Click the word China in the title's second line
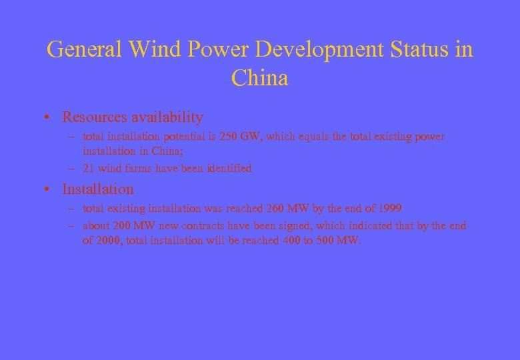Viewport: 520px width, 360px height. pos(260,79)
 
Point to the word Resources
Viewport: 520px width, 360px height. pos(94,117)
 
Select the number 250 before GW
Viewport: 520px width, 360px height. pos(229,137)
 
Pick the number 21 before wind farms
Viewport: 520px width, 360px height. pos(87,169)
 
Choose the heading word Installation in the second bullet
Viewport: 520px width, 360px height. pos(98,189)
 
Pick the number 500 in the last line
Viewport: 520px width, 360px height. pos(325,241)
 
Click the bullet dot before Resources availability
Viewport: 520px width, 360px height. pos(50,118)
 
